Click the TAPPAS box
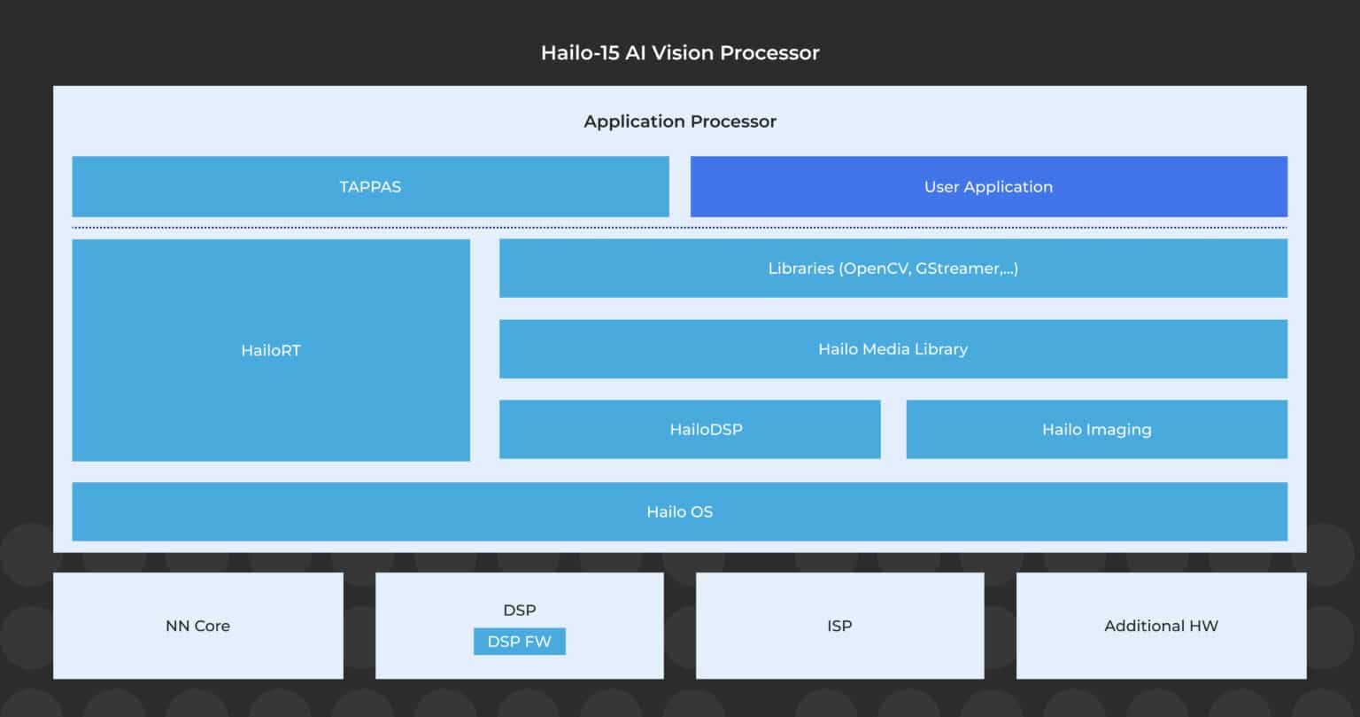click(x=370, y=187)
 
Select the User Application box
click(x=988, y=187)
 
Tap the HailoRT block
click(x=271, y=350)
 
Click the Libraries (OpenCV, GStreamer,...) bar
click(x=892, y=269)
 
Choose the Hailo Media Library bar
click(x=892, y=349)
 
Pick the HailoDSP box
click(x=690, y=430)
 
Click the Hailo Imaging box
click(x=1096, y=430)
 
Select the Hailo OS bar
click(x=679, y=511)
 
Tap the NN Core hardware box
click(x=197, y=626)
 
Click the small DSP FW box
click(x=519, y=642)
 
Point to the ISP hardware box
click(x=839, y=626)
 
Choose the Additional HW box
click(x=1161, y=626)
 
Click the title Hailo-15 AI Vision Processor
click(x=680, y=53)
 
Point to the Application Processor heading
click(x=680, y=121)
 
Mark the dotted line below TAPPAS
click(x=679, y=228)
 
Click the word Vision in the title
click(x=684, y=53)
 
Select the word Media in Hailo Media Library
click(x=889, y=349)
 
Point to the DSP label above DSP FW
click(x=519, y=611)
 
